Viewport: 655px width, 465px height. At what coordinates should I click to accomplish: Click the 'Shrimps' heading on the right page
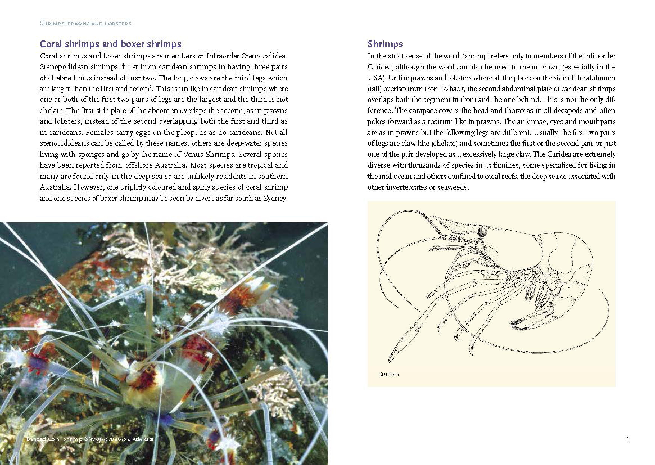tap(385, 44)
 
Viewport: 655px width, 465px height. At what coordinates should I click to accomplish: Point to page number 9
tap(628, 439)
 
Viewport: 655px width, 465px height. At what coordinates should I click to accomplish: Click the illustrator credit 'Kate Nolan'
tap(389, 374)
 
